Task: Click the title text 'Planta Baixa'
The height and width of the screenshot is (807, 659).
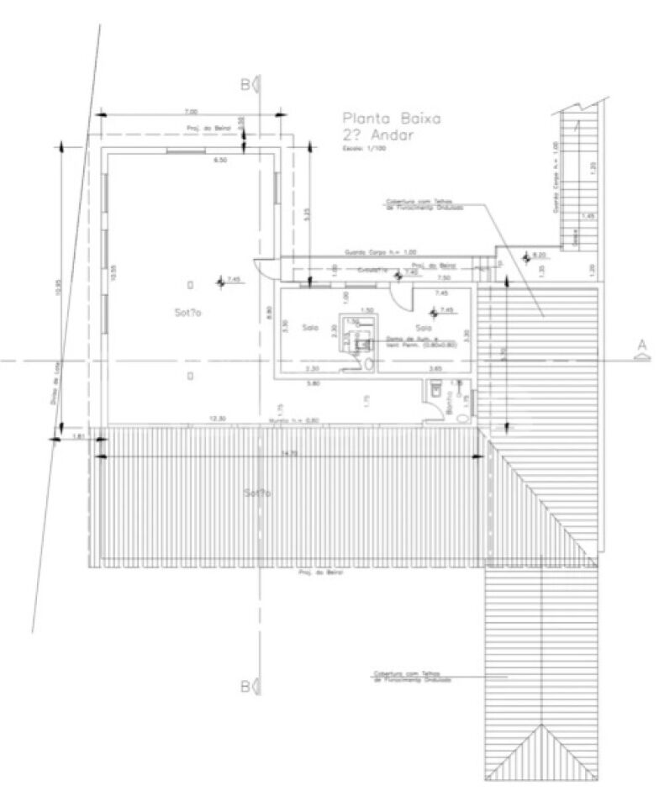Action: (x=387, y=119)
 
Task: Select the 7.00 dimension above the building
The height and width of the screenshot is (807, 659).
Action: (x=190, y=112)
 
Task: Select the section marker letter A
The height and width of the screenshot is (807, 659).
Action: (x=641, y=344)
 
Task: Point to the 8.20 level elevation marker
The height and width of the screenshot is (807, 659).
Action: (x=537, y=255)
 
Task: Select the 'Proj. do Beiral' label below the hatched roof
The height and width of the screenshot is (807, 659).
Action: (x=315, y=572)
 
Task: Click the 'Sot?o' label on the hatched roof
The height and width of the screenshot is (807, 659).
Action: (x=257, y=493)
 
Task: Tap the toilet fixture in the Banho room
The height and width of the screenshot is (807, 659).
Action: (x=435, y=388)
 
